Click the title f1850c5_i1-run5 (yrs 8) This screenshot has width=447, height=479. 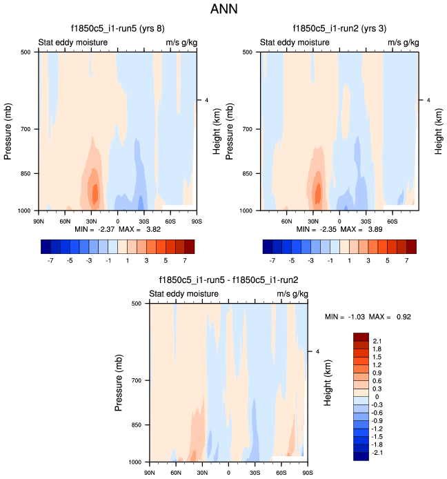pyautogui.click(x=117, y=29)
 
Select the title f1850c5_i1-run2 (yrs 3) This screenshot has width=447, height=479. pyautogui.click(x=338, y=29)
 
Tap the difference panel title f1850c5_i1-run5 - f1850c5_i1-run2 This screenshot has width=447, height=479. pyautogui.click(x=228, y=280)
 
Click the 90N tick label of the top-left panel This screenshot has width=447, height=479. pyautogui.click(x=39, y=222)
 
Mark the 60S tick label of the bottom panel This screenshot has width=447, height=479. pyautogui.click(x=281, y=473)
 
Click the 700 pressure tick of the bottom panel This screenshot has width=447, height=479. pyautogui.click(x=135, y=380)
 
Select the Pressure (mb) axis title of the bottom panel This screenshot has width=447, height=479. pyautogui.click(x=119, y=382)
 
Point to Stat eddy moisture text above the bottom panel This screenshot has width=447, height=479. pyautogui.click(x=184, y=293)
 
